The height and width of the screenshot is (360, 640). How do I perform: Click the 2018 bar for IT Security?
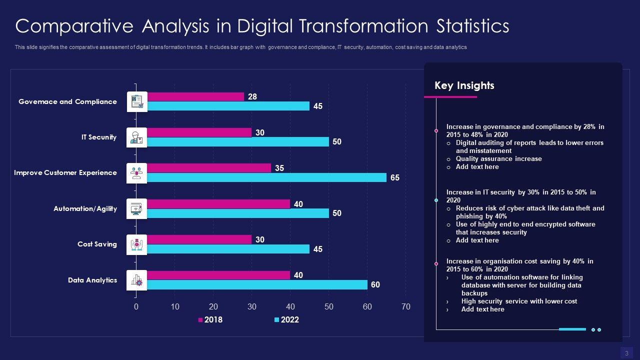[x=199, y=132]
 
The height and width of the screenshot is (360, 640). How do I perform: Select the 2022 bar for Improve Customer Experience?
[x=266, y=177]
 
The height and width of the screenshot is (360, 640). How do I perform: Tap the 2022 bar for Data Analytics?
[x=257, y=285]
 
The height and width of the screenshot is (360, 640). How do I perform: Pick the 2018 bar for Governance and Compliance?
[x=195, y=96]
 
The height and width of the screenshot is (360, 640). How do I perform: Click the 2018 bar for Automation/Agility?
[x=218, y=204]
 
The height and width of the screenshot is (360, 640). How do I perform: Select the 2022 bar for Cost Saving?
[x=228, y=249]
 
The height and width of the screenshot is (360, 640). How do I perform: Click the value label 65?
[x=395, y=178]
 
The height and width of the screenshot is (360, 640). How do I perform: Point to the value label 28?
[x=252, y=97]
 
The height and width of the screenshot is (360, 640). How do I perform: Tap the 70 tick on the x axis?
[x=405, y=307]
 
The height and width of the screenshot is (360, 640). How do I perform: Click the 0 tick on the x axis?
[x=136, y=307]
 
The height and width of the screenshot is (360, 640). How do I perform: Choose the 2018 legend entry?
[x=210, y=320]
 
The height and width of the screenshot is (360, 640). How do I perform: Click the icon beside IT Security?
[x=136, y=137]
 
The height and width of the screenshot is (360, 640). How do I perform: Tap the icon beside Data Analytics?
[x=136, y=280]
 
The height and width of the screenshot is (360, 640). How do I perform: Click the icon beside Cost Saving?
[x=136, y=244]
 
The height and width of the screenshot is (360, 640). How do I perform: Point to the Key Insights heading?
[x=464, y=85]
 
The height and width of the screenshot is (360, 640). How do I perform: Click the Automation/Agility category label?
[x=85, y=208]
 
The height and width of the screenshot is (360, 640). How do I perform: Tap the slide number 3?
[x=626, y=353]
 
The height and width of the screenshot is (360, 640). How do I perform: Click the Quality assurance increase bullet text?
[x=498, y=159]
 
